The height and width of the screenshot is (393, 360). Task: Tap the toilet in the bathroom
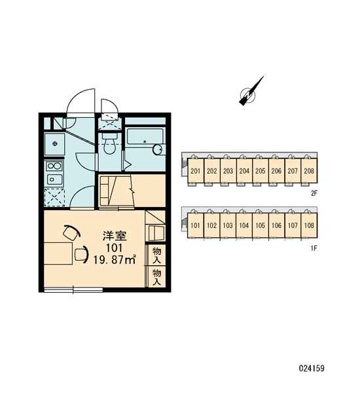tap(109, 143)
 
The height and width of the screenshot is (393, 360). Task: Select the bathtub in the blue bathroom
tap(145, 137)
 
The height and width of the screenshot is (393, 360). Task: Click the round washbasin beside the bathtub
tap(158, 149)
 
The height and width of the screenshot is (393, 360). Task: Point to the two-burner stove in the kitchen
tap(54, 166)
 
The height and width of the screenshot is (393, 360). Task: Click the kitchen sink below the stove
tap(54, 179)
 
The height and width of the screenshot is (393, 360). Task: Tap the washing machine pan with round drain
tap(54, 143)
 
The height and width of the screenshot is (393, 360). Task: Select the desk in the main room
tap(58, 253)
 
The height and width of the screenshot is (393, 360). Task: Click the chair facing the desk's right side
tap(82, 254)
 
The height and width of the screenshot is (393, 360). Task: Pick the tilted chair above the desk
tap(71, 232)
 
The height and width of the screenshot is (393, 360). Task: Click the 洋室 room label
tap(115, 236)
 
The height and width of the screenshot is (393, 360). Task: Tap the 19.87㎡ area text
tap(115, 259)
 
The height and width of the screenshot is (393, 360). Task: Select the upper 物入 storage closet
tap(156, 255)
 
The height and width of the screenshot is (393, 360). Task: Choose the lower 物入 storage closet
tap(156, 276)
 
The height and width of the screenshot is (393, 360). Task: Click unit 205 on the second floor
tap(261, 171)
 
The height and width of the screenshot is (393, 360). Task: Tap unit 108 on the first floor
tap(309, 225)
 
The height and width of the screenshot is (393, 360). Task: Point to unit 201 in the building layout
tap(196, 171)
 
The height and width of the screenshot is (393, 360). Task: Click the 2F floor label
tap(314, 193)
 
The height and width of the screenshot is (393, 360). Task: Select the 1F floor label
tap(314, 248)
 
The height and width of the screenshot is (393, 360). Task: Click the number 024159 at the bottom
tap(312, 368)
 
